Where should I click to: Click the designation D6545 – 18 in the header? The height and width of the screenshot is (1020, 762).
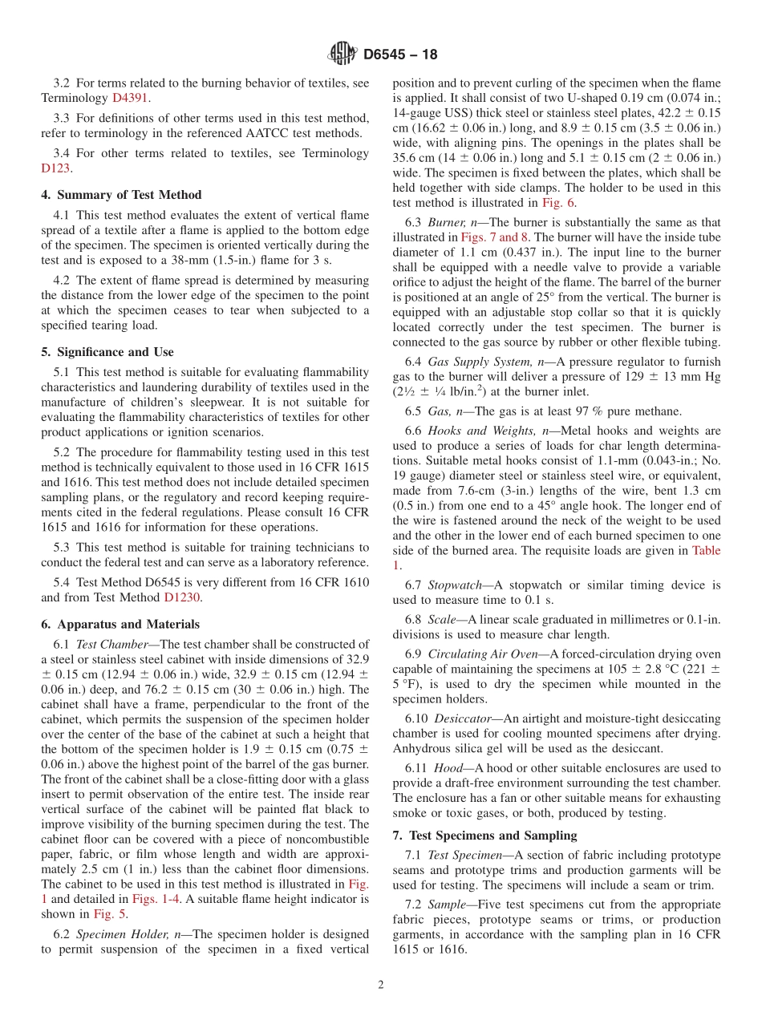click(x=400, y=55)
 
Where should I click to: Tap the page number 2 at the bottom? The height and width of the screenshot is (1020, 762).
click(x=381, y=985)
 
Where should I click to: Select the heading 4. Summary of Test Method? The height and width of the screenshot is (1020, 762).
click(x=121, y=195)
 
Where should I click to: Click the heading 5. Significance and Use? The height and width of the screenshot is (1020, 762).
click(x=107, y=352)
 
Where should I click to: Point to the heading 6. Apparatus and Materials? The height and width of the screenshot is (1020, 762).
click(x=120, y=624)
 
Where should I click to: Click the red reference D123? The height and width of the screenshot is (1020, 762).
click(x=55, y=168)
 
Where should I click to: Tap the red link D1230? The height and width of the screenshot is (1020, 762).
click(x=182, y=597)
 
